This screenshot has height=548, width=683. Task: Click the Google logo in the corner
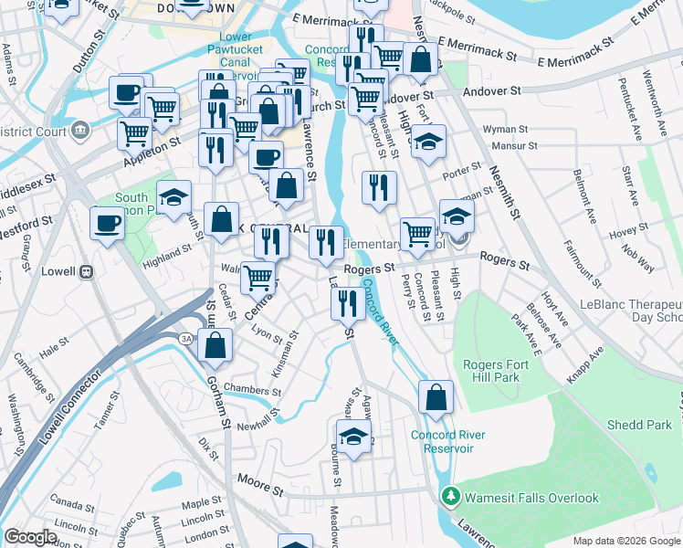pos(30,537)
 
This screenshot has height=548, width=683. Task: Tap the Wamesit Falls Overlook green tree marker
pos(449,498)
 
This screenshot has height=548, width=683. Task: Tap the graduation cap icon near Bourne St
pos(354,436)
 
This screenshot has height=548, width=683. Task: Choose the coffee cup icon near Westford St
pos(108,223)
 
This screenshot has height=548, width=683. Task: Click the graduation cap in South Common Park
pos(173,197)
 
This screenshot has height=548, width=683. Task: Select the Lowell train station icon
pos(87,271)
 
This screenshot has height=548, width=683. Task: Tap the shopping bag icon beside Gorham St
pos(215,345)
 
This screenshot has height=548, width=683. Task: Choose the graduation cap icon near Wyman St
pos(427,142)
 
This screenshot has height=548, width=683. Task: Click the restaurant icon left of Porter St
pos(379,187)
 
